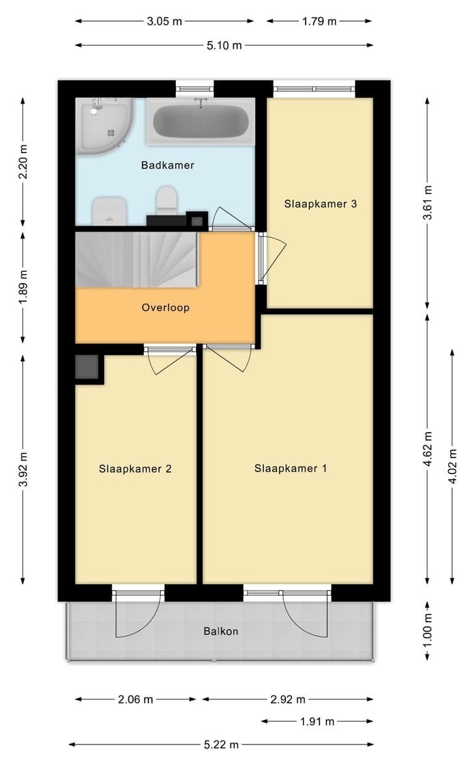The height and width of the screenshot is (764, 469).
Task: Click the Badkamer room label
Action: [167, 166]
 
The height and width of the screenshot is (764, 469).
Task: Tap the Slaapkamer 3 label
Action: [320, 203]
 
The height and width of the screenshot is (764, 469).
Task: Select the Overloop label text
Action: [165, 307]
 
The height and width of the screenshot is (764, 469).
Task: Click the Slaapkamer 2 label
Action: [135, 468]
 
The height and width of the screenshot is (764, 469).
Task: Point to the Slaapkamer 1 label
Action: [291, 468]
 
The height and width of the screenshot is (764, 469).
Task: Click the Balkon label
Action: [221, 631]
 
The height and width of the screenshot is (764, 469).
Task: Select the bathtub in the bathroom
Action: [200, 122]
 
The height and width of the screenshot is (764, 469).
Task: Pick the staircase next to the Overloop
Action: [137, 259]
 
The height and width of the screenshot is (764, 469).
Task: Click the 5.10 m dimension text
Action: [224, 45]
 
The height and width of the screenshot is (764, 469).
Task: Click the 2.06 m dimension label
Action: [135, 699]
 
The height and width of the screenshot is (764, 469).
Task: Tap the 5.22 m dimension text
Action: [221, 744]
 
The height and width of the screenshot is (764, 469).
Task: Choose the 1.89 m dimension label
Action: [23, 287]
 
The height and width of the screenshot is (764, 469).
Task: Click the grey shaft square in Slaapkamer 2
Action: [87, 367]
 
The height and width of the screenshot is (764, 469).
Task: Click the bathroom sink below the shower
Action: [109, 210]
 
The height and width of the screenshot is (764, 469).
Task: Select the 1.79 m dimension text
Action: [319, 21]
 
